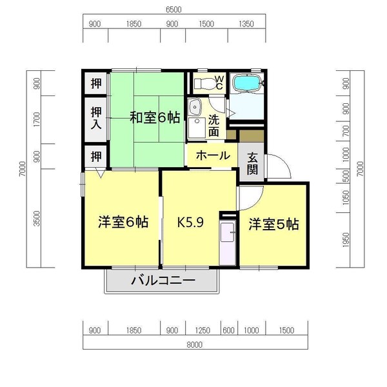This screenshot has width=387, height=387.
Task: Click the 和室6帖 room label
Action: tap(155, 117)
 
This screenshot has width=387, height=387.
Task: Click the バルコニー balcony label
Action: tap(163, 281)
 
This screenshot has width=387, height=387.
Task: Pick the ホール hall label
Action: tap(210, 155)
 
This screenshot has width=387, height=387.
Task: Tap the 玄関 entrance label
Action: tap(252, 164)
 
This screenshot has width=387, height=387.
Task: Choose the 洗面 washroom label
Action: tap(214, 125)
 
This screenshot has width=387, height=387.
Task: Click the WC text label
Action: tap(219, 83)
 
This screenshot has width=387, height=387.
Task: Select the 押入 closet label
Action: tap(95, 117)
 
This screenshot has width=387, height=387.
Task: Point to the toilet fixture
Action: tap(204, 83)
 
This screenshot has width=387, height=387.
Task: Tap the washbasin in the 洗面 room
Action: tap(195, 108)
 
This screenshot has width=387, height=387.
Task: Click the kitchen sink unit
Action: tap(228, 243)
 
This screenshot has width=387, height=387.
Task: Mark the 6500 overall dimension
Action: tap(173, 10)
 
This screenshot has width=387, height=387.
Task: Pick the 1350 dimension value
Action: tap(246, 24)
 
